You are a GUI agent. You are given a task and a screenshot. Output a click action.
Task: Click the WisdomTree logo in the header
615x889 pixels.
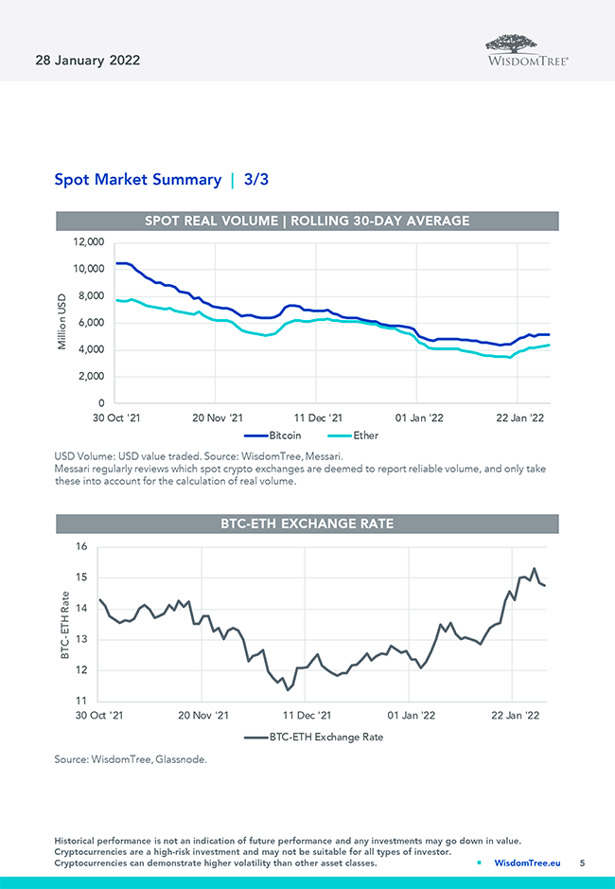(x=527, y=49)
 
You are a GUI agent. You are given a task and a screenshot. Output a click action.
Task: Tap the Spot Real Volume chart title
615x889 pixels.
(x=307, y=221)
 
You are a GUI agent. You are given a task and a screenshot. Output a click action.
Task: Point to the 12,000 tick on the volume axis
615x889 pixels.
(x=87, y=242)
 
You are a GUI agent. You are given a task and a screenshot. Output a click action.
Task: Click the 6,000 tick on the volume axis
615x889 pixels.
(x=91, y=323)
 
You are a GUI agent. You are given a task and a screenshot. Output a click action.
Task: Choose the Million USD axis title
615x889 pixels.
(x=61, y=323)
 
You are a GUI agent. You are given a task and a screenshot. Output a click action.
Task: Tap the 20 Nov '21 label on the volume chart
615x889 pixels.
(x=217, y=417)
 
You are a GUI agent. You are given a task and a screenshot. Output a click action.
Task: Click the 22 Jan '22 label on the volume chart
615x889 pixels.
(x=521, y=417)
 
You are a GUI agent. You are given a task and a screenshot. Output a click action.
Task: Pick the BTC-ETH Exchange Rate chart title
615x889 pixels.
(x=307, y=524)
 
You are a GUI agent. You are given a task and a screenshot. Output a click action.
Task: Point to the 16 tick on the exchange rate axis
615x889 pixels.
(x=80, y=546)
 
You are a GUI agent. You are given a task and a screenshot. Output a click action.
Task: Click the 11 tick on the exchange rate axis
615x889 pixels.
(x=80, y=701)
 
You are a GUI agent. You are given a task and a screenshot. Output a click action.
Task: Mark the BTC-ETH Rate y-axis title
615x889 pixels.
(x=64, y=624)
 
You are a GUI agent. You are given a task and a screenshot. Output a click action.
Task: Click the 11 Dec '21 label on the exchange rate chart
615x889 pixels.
(x=307, y=716)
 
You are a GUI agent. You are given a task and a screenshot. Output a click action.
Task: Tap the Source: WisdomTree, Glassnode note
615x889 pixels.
(x=130, y=759)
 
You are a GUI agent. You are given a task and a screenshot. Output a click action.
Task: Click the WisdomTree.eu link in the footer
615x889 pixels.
(x=527, y=863)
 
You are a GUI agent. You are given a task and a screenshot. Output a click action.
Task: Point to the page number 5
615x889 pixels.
(x=582, y=863)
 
